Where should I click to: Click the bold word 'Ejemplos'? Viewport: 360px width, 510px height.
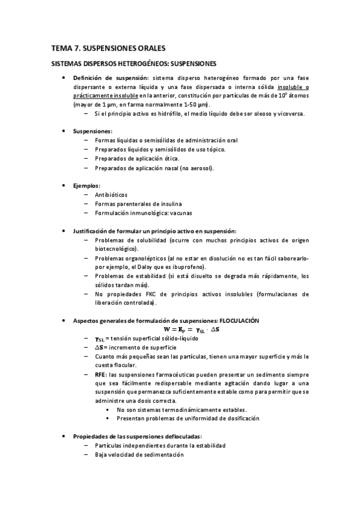[x=86, y=186]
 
